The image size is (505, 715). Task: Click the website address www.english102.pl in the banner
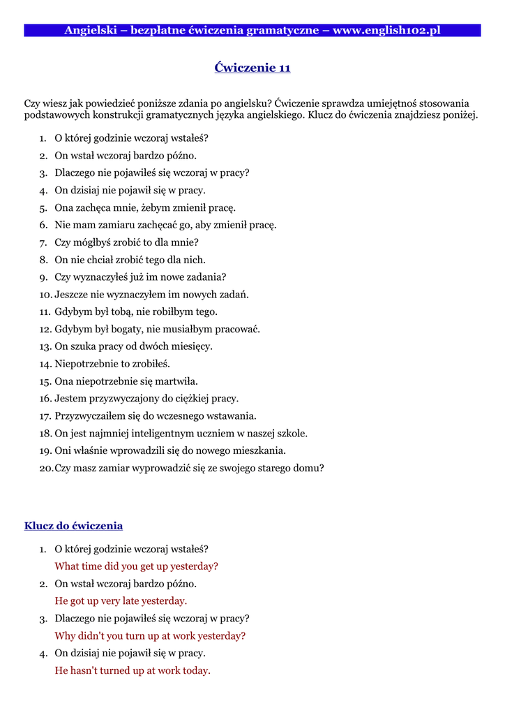[386, 30]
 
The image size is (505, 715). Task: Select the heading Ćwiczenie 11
[252, 68]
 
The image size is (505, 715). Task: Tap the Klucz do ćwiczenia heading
[73, 526]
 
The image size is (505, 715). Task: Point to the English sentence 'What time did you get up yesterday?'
[136, 566]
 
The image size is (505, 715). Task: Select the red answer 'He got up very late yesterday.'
[121, 601]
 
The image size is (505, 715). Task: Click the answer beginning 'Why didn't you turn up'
[150, 636]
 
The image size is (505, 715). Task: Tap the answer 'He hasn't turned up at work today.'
[133, 671]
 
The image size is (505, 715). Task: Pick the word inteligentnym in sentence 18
[154, 434]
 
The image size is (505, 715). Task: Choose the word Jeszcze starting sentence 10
[73, 295]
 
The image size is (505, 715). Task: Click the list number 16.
[45, 399]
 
